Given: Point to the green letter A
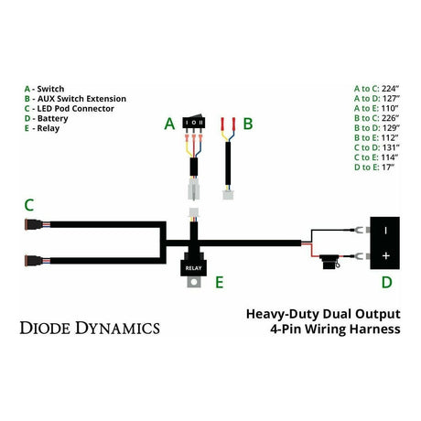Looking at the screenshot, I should click(168, 123).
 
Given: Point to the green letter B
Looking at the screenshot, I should click(247, 123).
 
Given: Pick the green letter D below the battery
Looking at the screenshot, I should click(385, 281).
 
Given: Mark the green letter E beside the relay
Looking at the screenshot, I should click(218, 283).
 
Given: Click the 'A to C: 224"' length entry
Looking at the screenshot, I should click(375, 88).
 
